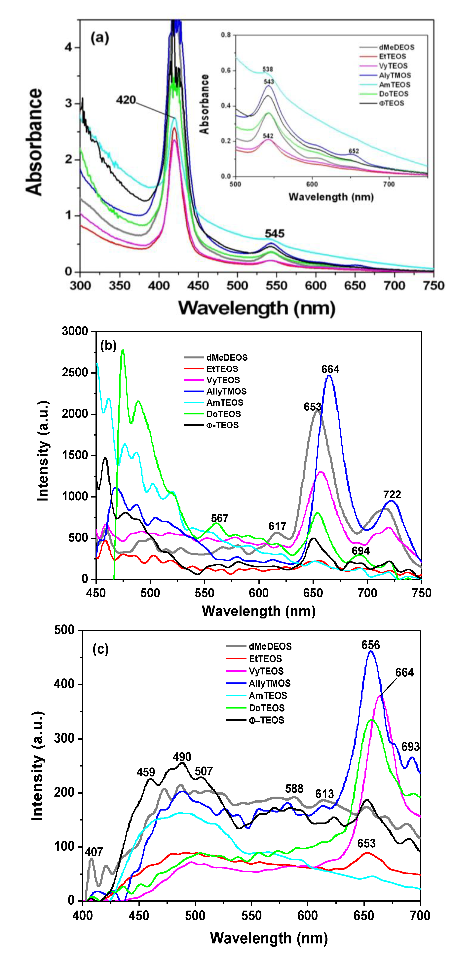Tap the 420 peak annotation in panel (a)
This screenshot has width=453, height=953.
(126, 100)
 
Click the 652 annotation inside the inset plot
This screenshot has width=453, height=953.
(354, 151)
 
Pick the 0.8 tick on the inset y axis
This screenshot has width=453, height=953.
(226, 35)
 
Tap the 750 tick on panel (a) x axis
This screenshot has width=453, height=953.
(433, 286)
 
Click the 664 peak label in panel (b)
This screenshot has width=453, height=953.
(330, 369)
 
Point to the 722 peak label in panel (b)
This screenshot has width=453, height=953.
(392, 494)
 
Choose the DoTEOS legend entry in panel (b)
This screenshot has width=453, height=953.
(223, 414)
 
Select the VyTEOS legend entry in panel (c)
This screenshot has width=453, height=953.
(266, 671)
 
